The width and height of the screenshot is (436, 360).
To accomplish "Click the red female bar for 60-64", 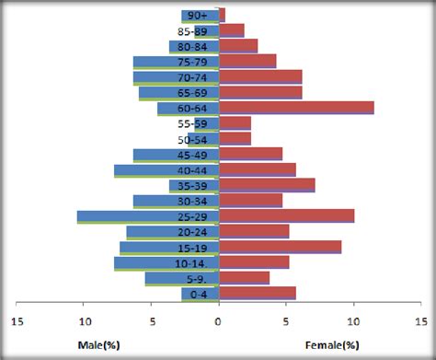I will [x=296, y=108].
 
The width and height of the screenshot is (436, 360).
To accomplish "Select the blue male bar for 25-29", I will [x=147, y=216].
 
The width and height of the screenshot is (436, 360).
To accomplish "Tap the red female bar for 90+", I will [x=222, y=15].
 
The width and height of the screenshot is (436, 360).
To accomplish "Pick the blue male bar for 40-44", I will [x=166, y=170].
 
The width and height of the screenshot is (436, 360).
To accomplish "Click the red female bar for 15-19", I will [x=280, y=247].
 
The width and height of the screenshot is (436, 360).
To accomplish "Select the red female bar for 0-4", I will [x=257, y=293].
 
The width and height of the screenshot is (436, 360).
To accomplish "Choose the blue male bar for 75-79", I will [x=176, y=62].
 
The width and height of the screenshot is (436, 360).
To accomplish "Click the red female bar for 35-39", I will [x=267, y=185].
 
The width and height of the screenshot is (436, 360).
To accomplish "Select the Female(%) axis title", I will [x=331, y=344].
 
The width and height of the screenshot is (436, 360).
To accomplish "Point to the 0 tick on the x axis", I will [x=218, y=322].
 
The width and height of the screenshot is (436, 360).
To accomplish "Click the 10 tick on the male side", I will [x=84, y=322].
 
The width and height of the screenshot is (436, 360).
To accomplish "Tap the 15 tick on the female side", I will [x=419, y=322].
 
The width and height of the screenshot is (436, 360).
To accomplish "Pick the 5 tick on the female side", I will [x=285, y=322].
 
